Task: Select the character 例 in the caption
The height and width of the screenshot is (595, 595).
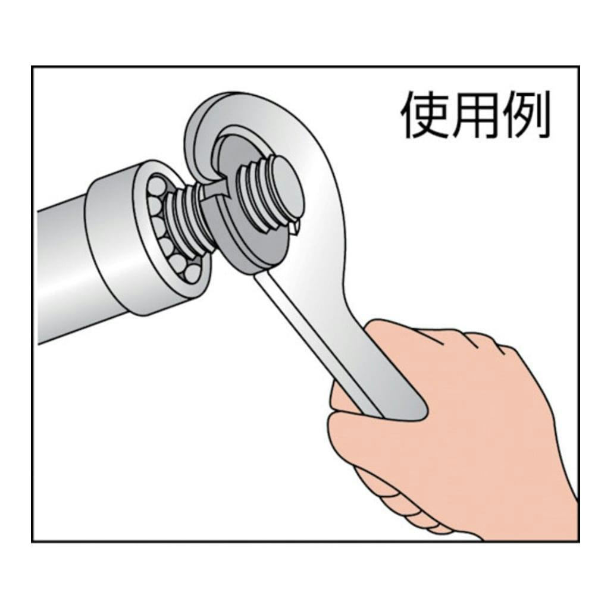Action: tap(525, 115)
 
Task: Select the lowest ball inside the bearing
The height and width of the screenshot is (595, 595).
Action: tap(192, 273)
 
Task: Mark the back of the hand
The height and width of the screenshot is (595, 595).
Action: tap(493, 418)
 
